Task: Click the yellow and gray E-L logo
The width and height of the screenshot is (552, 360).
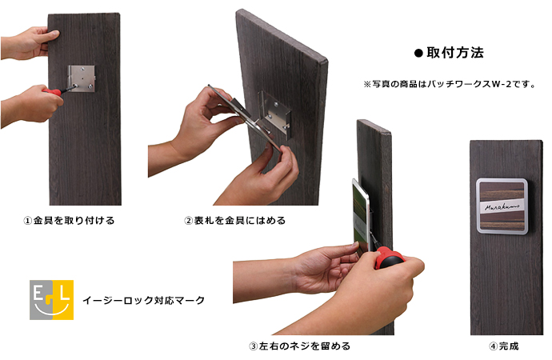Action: [51, 300]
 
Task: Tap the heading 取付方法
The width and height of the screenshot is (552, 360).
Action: [455, 53]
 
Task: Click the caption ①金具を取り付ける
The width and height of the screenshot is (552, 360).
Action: [69, 221]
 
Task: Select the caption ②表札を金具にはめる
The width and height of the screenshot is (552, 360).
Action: [235, 221]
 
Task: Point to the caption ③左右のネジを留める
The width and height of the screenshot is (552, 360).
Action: [299, 346]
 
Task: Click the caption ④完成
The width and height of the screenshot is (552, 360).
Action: [504, 346]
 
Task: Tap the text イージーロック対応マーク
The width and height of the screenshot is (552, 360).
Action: [144, 300]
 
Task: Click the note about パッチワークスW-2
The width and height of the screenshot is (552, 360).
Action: [450, 85]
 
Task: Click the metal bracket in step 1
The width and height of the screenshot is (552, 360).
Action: [82, 78]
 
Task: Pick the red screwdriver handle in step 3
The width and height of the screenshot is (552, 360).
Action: [389, 258]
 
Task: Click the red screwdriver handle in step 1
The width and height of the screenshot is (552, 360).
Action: [52, 92]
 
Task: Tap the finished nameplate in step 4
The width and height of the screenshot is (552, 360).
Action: [502, 206]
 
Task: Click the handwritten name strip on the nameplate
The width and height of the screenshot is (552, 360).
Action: [502, 206]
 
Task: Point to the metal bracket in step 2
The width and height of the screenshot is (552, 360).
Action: [276, 114]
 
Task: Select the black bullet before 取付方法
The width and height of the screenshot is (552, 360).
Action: [418, 53]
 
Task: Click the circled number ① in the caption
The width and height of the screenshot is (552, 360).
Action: [28, 221]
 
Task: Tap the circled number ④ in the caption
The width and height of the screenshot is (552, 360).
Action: [494, 346]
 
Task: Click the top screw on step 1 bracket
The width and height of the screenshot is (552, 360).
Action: [82, 69]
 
